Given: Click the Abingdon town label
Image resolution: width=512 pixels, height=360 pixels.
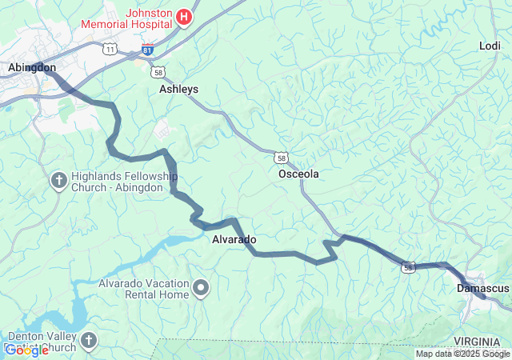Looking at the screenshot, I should (32, 68).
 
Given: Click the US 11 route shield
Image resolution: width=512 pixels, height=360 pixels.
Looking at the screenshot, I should (110, 50).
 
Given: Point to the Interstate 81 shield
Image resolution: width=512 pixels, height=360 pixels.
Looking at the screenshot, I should (147, 50).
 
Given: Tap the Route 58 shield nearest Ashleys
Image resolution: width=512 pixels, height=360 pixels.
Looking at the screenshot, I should (159, 72).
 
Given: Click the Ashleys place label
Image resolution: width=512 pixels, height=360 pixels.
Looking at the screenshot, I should (178, 89).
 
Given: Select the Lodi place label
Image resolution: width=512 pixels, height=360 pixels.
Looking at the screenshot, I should (490, 46).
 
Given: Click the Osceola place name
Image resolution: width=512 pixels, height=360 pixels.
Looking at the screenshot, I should (298, 174).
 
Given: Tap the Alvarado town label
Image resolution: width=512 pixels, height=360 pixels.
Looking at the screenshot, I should (234, 239).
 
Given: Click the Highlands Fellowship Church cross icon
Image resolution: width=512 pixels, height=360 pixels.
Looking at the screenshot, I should (58, 181).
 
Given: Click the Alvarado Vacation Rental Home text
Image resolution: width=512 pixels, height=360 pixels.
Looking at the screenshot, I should (144, 289).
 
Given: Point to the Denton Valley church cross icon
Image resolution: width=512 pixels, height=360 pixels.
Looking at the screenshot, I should (88, 341).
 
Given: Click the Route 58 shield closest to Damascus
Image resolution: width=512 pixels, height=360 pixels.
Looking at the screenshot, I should (409, 268).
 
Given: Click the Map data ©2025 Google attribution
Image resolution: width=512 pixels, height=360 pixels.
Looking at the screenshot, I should (462, 354).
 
